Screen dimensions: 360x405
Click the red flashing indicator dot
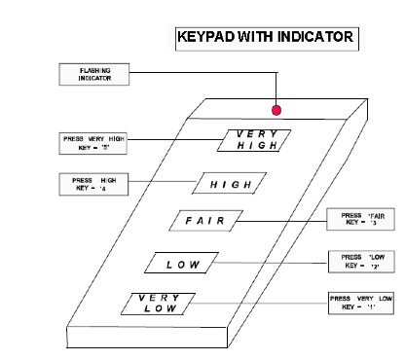tap(276, 110)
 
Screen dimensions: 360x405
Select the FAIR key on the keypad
tap(206, 222)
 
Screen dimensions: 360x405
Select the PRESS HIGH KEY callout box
tap(89, 185)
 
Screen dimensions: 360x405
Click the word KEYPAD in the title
tap(206, 39)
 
